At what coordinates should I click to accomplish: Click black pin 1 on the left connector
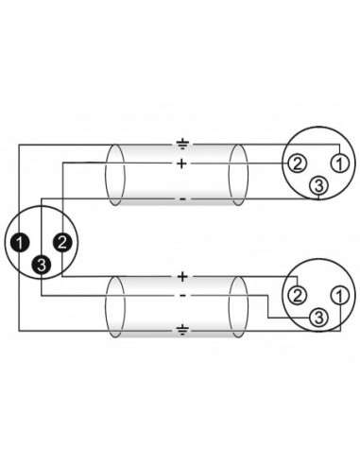(x=20, y=243)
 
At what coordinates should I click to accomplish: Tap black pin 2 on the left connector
(x=61, y=243)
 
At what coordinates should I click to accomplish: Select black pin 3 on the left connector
(x=42, y=266)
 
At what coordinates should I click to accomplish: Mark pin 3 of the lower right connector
(x=319, y=315)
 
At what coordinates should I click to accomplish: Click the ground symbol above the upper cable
(x=181, y=144)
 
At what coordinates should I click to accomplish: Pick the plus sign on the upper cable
(x=181, y=164)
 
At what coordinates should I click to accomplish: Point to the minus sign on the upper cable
(x=181, y=198)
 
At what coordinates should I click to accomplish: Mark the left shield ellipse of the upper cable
(x=116, y=172)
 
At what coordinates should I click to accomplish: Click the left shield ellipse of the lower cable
(x=116, y=301)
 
